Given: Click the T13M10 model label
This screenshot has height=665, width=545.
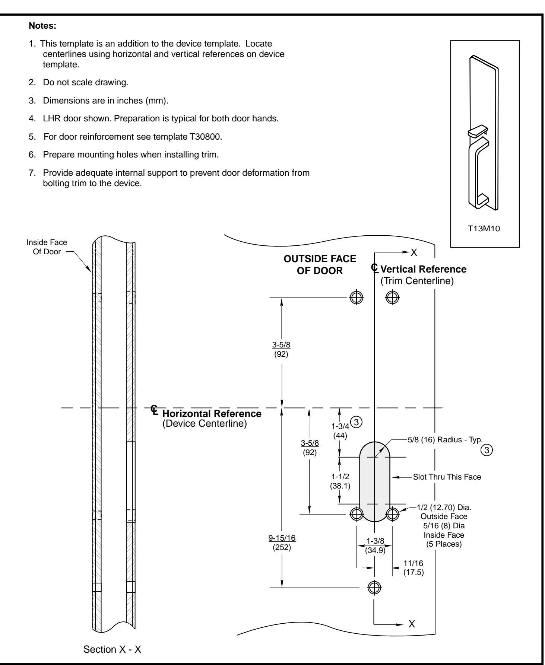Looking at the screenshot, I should coord(484,229).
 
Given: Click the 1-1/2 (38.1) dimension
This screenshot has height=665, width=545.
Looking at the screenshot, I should coord(340,480).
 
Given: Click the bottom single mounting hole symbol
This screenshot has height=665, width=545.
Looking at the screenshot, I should coord(374,587).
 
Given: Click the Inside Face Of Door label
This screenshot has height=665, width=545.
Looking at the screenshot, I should coord(47,246).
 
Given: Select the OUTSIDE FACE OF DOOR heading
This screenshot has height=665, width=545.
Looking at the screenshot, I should coord(320,265).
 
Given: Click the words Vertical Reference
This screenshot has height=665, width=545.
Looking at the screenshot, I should coord(423,269).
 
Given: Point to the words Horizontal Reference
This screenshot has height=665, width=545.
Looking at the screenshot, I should coord(212,413).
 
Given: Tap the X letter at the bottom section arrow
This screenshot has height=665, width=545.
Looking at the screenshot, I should coord(412,624).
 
